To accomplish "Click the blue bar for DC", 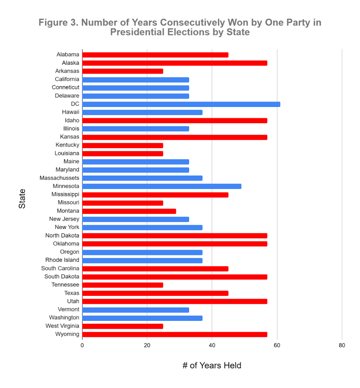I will click(x=181, y=104).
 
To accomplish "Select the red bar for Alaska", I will click(x=175, y=63).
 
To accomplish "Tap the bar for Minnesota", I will click(x=162, y=186).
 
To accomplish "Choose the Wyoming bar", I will click(x=175, y=335).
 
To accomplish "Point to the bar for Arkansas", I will click(x=123, y=71).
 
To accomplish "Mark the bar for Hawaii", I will click(x=142, y=112).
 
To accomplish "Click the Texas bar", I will click(x=155, y=293).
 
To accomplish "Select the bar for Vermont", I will click(x=136, y=309).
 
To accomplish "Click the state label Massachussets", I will click(x=60, y=178).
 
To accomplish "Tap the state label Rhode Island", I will click(x=62, y=260).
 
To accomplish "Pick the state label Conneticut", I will click(x=66, y=88).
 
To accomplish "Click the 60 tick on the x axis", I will click(x=277, y=346).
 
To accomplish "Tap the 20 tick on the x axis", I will click(x=147, y=346).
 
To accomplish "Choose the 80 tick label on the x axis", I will click(x=342, y=346).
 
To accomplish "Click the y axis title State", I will click(x=22, y=198).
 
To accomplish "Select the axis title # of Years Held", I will click(x=212, y=366).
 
